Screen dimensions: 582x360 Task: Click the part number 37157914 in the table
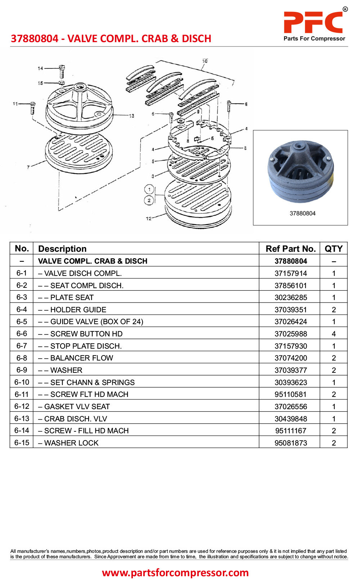[291, 273]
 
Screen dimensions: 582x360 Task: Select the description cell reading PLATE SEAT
[72, 297]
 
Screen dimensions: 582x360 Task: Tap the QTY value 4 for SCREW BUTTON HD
[333, 334]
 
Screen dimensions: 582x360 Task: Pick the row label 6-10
[22, 382]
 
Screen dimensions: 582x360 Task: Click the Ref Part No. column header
[290, 249]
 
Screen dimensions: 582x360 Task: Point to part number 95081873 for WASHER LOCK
[291, 443]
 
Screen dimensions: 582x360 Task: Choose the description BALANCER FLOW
[81, 358]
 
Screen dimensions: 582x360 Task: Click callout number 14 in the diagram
[40, 68]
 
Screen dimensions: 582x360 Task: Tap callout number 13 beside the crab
[131, 116]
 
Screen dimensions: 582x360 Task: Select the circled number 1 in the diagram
[149, 189]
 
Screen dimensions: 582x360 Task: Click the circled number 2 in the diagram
[149, 200]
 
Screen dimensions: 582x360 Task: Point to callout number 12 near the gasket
[148, 219]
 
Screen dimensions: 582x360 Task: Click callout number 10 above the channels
[204, 61]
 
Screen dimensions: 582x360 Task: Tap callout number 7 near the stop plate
[28, 167]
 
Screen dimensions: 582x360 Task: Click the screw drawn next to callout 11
[33, 108]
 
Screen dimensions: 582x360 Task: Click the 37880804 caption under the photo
[302, 214]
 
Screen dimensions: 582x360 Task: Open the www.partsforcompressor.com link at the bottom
[175, 572]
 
